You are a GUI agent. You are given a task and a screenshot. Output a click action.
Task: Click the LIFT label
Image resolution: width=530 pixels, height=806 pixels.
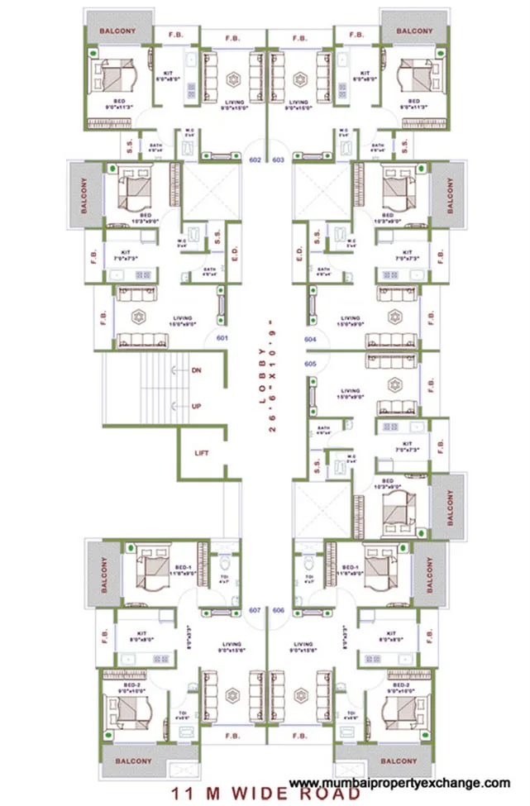click(x=202, y=453)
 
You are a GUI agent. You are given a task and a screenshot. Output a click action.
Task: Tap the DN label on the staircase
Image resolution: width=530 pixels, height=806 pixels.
click(x=197, y=370)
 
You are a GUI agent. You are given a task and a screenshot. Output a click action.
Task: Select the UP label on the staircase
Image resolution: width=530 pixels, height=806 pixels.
click(x=197, y=407)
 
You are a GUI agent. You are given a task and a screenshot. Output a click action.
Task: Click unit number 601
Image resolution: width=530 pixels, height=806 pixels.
click(x=222, y=338)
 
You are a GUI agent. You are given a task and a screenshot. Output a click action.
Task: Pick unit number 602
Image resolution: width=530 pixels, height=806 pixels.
click(x=255, y=160)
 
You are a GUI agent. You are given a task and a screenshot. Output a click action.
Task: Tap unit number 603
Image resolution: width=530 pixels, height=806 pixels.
click(x=278, y=160)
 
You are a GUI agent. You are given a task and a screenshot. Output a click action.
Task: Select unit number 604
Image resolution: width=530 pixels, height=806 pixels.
click(x=310, y=340)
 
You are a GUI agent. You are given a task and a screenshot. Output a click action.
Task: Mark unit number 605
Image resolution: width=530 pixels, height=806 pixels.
click(x=310, y=363)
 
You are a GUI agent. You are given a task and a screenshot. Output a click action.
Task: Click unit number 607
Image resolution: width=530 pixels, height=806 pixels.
click(x=255, y=610)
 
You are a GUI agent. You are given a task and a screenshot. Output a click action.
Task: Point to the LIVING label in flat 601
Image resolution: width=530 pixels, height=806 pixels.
click(x=182, y=317)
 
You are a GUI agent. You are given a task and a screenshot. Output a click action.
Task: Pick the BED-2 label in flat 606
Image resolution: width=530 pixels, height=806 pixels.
click(x=403, y=685)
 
